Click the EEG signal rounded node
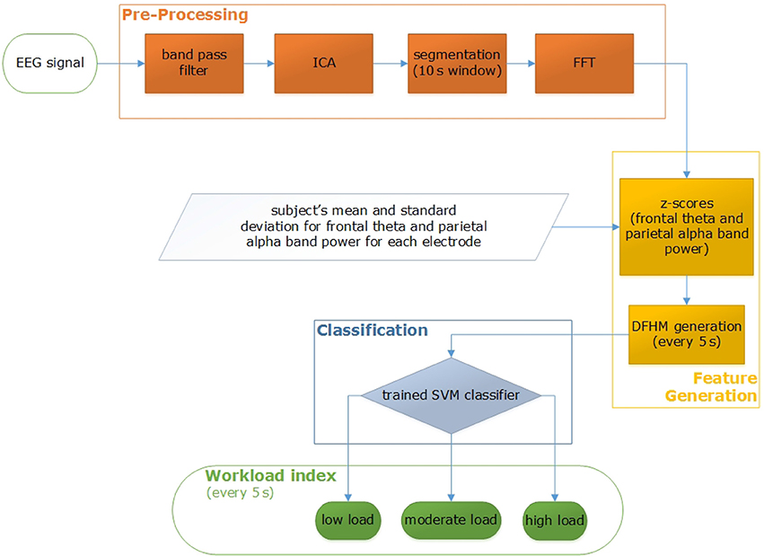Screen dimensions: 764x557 point(50,64)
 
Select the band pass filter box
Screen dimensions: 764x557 point(194,64)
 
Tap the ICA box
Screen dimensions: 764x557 point(323,64)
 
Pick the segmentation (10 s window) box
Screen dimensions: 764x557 point(457,64)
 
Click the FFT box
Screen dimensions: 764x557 point(584,64)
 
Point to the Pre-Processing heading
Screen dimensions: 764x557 point(185,14)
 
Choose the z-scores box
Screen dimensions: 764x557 point(687,226)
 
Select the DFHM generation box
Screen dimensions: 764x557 point(687,334)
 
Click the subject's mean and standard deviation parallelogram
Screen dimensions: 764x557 point(364,226)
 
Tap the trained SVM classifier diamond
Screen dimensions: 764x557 point(451,395)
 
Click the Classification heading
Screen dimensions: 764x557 point(373,331)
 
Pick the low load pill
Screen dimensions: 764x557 point(348,520)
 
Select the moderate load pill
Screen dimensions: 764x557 point(451,520)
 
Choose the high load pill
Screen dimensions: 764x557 point(555,520)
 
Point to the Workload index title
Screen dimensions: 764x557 point(270,475)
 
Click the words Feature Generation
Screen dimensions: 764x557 point(711,387)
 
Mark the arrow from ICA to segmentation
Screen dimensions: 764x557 point(391,64)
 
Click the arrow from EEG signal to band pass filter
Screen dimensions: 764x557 point(121,64)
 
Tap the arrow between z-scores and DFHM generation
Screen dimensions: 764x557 point(687,291)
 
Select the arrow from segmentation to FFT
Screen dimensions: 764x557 point(521,64)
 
